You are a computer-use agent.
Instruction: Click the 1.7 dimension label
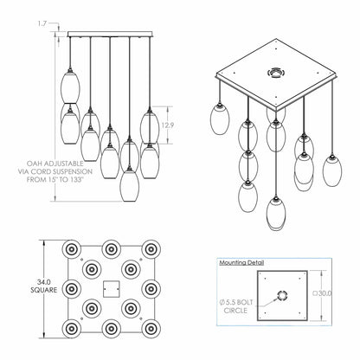click(42, 23)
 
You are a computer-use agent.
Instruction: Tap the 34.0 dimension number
click(44, 282)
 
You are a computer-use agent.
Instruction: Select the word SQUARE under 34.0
click(44, 290)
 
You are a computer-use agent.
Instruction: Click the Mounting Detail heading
click(241, 263)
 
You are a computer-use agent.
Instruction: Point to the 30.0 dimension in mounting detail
click(322, 293)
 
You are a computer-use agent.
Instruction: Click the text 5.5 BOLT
click(236, 302)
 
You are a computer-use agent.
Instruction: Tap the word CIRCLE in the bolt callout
click(235, 311)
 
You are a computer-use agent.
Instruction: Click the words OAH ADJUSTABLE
click(55, 164)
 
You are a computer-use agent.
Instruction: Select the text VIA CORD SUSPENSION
click(55, 171)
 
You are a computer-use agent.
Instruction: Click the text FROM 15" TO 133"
click(55, 180)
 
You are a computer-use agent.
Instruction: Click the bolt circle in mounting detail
click(282, 295)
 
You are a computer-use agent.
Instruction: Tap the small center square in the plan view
click(111, 289)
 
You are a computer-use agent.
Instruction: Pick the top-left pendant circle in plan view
click(71, 249)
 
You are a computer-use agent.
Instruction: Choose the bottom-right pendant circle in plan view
click(151, 329)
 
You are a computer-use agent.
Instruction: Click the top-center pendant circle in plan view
click(111, 249)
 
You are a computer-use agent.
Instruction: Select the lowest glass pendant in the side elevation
click(129, 185)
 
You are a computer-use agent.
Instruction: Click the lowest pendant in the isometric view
click(276, 212)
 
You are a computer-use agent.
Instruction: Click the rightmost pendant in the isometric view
click(332, 170)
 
